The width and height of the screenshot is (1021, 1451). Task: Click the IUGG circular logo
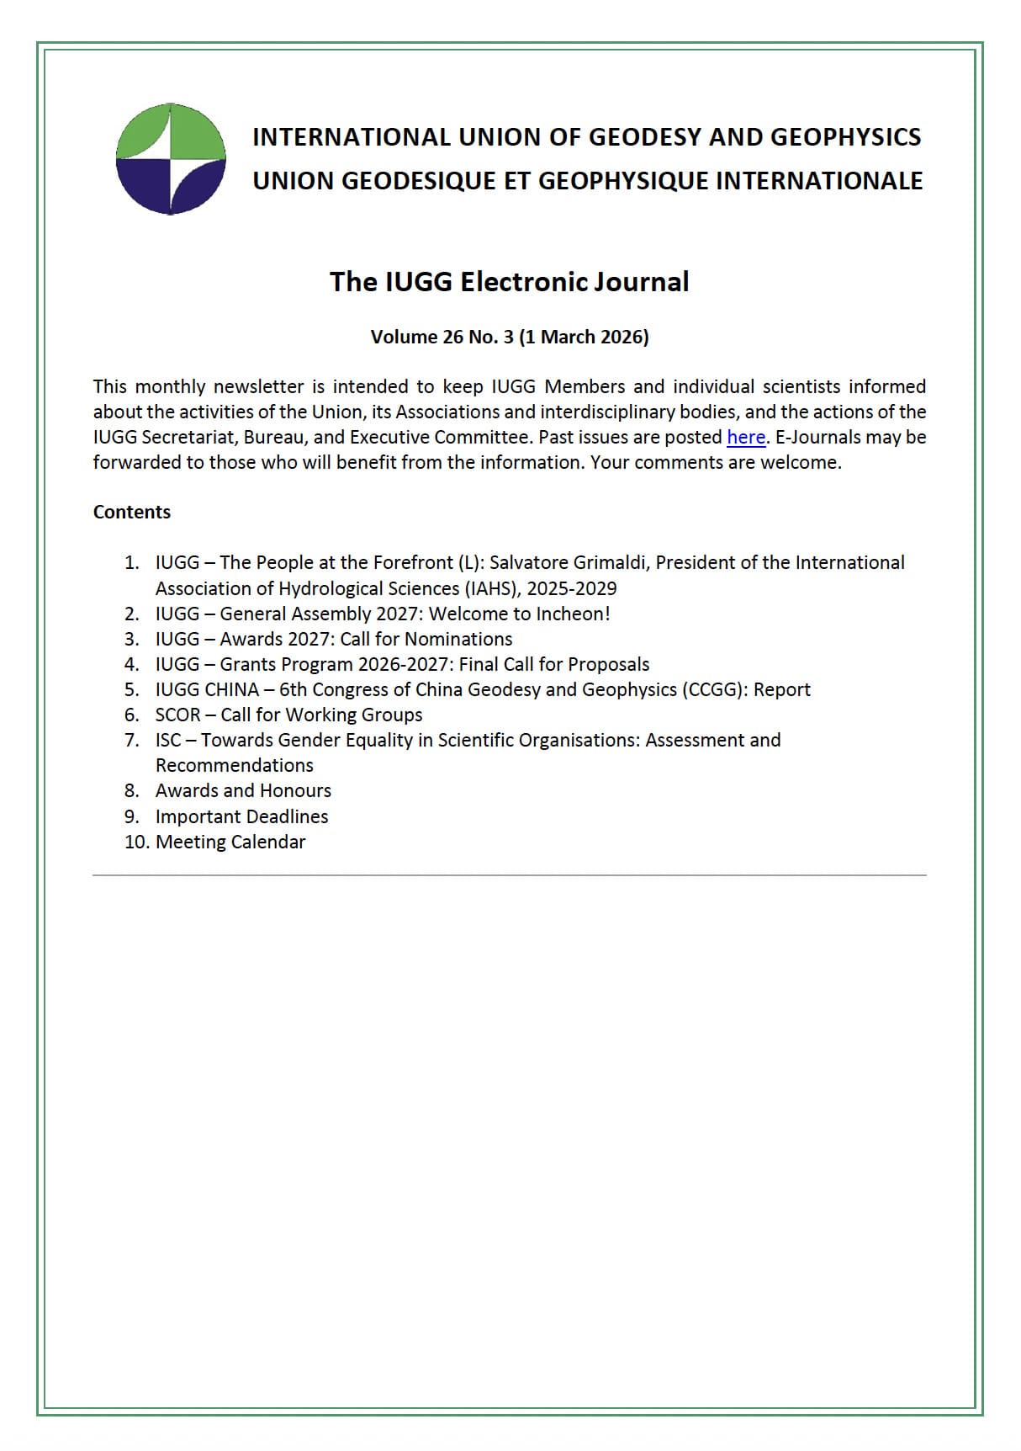coord(171,159)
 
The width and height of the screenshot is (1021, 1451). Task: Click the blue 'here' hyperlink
coord(745,438)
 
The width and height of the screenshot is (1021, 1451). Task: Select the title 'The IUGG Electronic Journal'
coord(509,282)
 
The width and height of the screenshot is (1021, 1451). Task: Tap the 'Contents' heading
coord(132,513)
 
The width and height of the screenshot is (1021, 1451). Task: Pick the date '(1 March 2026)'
coord(584,338)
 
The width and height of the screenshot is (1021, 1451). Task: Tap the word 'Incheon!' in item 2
coord(574,614)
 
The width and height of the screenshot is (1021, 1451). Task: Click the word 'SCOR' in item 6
coord(178,715)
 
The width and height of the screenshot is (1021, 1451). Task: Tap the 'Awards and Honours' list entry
coord(243,791)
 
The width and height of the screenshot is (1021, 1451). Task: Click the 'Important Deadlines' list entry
coord(241,816)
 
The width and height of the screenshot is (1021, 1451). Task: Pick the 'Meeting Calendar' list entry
coord(230,842)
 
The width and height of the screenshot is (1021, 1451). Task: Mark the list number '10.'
coord(136,842)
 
